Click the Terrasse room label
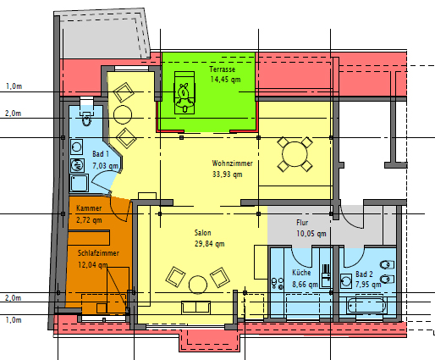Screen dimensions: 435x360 [223, 69]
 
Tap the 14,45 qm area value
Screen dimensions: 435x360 [225, 80]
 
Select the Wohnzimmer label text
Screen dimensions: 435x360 [232, 163]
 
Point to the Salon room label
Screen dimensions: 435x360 [202, 233]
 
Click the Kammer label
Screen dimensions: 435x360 [89, 208]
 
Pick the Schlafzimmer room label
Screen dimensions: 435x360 [98, 253]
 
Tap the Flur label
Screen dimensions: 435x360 [302, 223]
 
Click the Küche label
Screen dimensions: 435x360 [301, 273]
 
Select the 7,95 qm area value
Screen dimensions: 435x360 [368, 285]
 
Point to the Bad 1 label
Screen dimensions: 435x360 [101, 154]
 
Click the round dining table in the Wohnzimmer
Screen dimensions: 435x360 [295, 154]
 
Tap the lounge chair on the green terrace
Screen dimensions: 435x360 [184, 92]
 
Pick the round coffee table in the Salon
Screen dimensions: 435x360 [198, 285]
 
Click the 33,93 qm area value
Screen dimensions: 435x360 [227, 174]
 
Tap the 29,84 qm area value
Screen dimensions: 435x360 [209, 244]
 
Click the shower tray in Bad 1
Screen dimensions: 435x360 [79, 183]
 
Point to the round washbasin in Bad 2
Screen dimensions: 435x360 [346, 281]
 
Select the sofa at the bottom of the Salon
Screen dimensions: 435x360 [195, 307]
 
